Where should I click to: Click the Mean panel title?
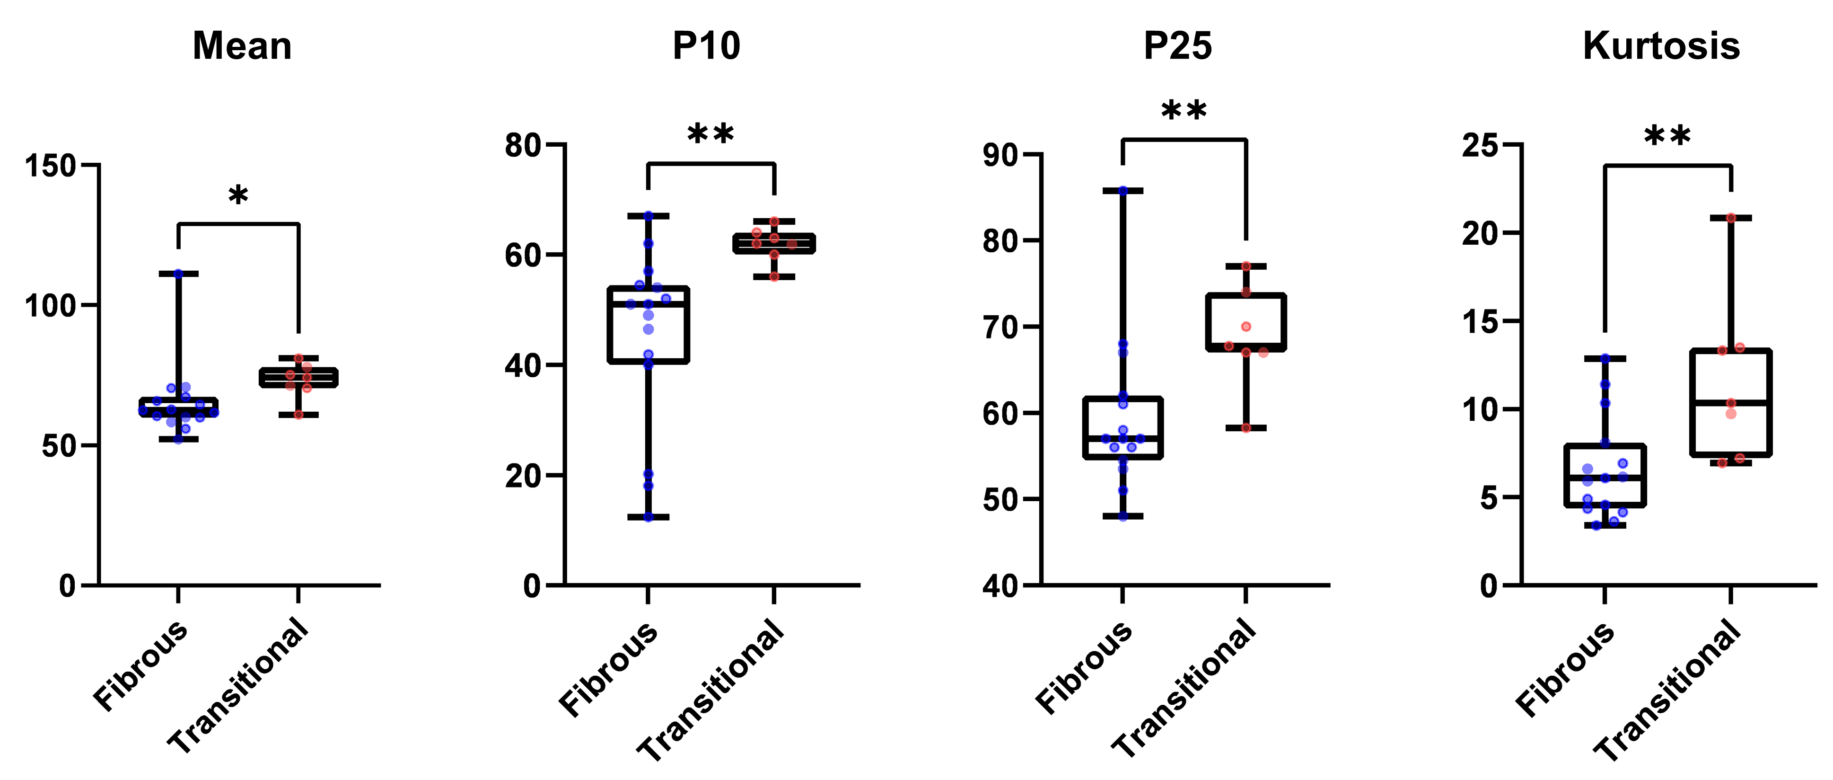(x=242, y=46)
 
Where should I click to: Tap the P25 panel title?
(x=1178, y=46)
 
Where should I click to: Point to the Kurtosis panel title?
(x=1661, y=46)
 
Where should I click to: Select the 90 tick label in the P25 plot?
(x=1001, y=154)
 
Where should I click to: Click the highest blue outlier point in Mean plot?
(x=179, y=273)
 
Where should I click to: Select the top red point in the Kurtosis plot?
(x=1731, y=218)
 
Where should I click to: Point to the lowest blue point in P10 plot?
(x=648, y=517)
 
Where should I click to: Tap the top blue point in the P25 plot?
(x=1123, y=191)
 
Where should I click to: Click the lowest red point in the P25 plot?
(x=1246, y=428)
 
